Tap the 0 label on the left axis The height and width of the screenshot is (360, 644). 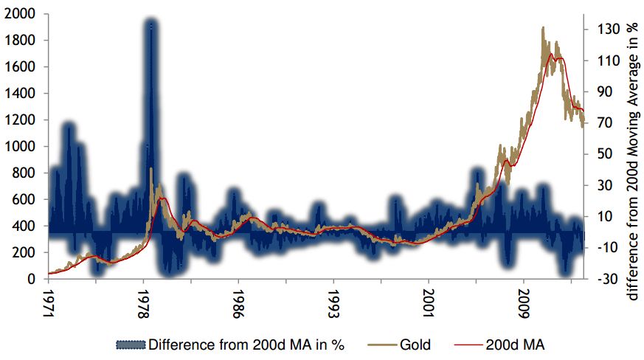point(30,280)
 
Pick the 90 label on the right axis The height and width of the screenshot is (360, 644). point(597,92)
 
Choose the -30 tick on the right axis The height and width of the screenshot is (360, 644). point(598,280)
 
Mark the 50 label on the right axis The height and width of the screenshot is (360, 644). point(597,155)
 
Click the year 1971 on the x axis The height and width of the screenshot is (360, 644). point(49,302)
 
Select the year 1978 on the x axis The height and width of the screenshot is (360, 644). point(144,302)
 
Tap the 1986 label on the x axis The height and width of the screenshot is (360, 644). point(239,302)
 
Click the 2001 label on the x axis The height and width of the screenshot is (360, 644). point(429,302)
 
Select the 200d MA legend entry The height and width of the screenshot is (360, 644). point(516,345)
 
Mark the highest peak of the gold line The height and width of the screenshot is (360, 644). point(543,28)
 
